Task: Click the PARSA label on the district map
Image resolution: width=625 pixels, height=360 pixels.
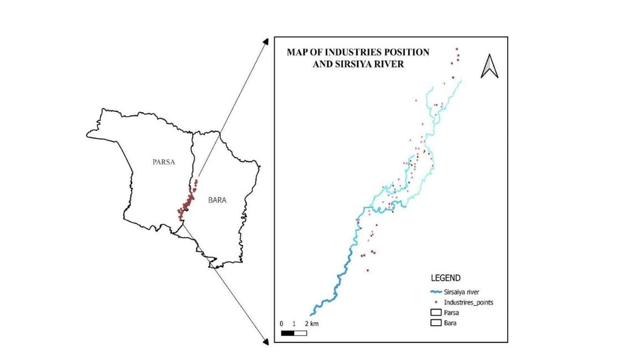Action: pyautogui.click(x=163, y=162)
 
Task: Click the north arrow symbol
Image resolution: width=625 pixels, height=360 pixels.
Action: pyautogui.click(x=489, y=66)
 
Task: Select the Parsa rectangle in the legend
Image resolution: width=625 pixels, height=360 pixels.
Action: pyautogui.click(x=436, y=312)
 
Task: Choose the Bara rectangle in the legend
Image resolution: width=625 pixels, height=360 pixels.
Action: pyautogui.click(x=436, y=322)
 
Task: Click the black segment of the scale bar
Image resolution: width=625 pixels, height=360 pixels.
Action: pyautogui.click(x=287, y=333)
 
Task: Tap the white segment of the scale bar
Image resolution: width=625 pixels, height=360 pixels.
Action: pyautogui.click(x=300, y=333)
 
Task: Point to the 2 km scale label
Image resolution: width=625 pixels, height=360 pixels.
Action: pyautogui.click(x=312, y=323)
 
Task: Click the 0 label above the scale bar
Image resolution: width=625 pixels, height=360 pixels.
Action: pyautogui.click(x=282, y=323)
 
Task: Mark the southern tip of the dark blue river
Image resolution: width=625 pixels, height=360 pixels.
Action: pyautogui.click(x=311, y=314)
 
